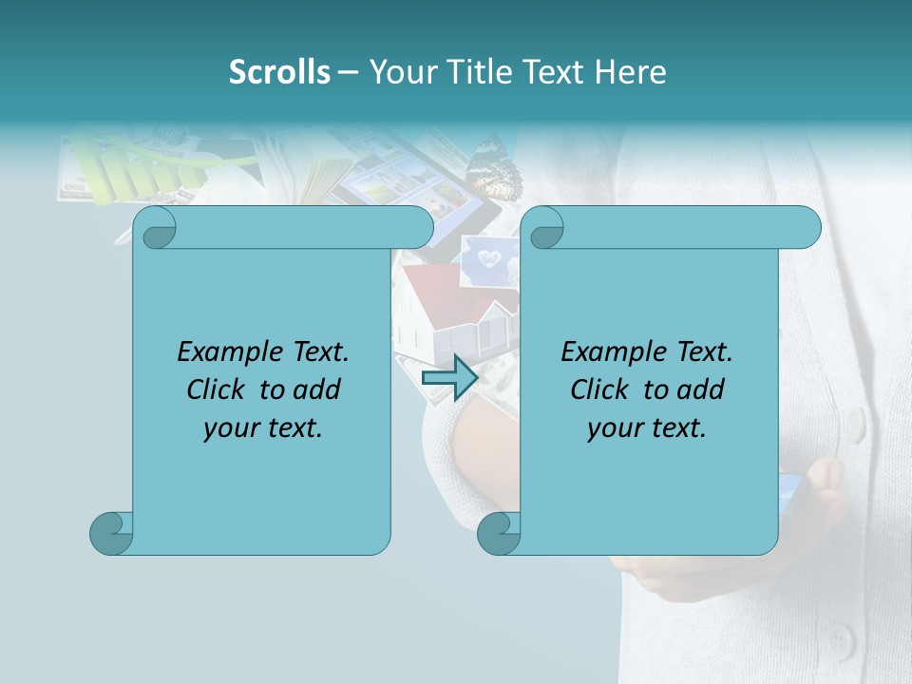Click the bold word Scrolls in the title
tap(279, 72)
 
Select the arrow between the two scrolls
tap(449, 378)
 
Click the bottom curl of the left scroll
tap(110, 533)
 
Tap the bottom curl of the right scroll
tap(497, 533)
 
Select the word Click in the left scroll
tap(219, 390)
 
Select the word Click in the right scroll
tap(602, 390)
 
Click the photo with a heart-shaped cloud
tap(489, 259)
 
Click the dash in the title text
tap(349, 73)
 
